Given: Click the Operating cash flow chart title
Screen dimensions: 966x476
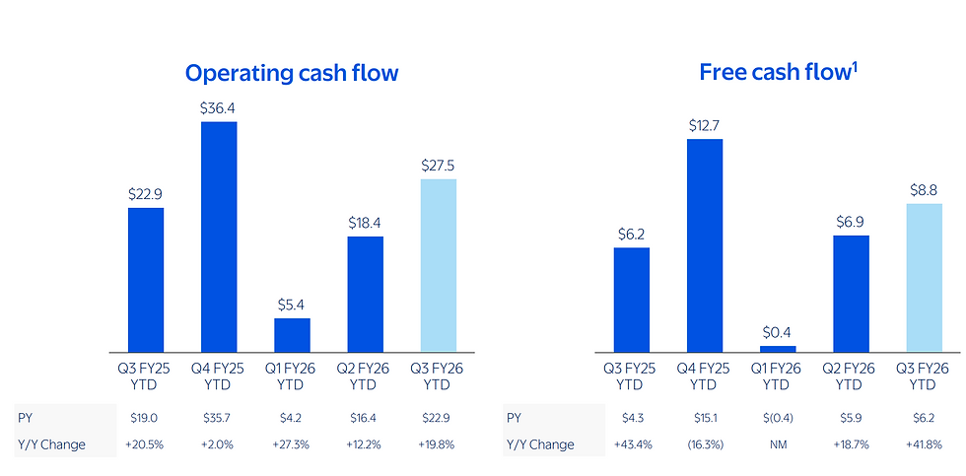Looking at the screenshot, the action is (292, 73).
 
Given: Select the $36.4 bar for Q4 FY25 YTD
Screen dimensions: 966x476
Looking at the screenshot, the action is (219, 238).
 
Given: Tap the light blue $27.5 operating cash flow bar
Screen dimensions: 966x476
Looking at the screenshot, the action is (438, 265).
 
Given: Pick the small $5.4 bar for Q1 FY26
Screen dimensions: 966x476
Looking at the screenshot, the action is (292, 336).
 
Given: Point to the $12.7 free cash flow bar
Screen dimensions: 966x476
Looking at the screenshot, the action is (705, 245).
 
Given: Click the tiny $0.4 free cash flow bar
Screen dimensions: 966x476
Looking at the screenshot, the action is (778, 349).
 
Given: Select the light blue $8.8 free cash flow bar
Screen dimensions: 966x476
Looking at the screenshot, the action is (925, 278).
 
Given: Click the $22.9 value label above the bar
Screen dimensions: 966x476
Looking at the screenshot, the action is (146, 194).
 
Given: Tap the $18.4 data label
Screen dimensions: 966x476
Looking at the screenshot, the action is (366, 223).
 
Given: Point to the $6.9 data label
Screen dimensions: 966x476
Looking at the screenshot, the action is (852, 223).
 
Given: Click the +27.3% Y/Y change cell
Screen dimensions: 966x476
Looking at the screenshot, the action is (292, 444).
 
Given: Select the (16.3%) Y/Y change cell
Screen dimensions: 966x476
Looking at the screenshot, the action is (705, 444).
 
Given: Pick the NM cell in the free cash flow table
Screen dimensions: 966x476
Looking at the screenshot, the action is (778, 444).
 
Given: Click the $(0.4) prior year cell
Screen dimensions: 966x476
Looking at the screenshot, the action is (778, 418).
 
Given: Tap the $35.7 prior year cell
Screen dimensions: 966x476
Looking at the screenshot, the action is (219, 418).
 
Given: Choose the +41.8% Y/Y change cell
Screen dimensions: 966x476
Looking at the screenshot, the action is (925, 444).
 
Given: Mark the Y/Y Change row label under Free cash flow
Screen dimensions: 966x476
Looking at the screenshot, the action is (540, 444).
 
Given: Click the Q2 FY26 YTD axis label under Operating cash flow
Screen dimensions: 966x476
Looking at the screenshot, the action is (366, 376).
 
